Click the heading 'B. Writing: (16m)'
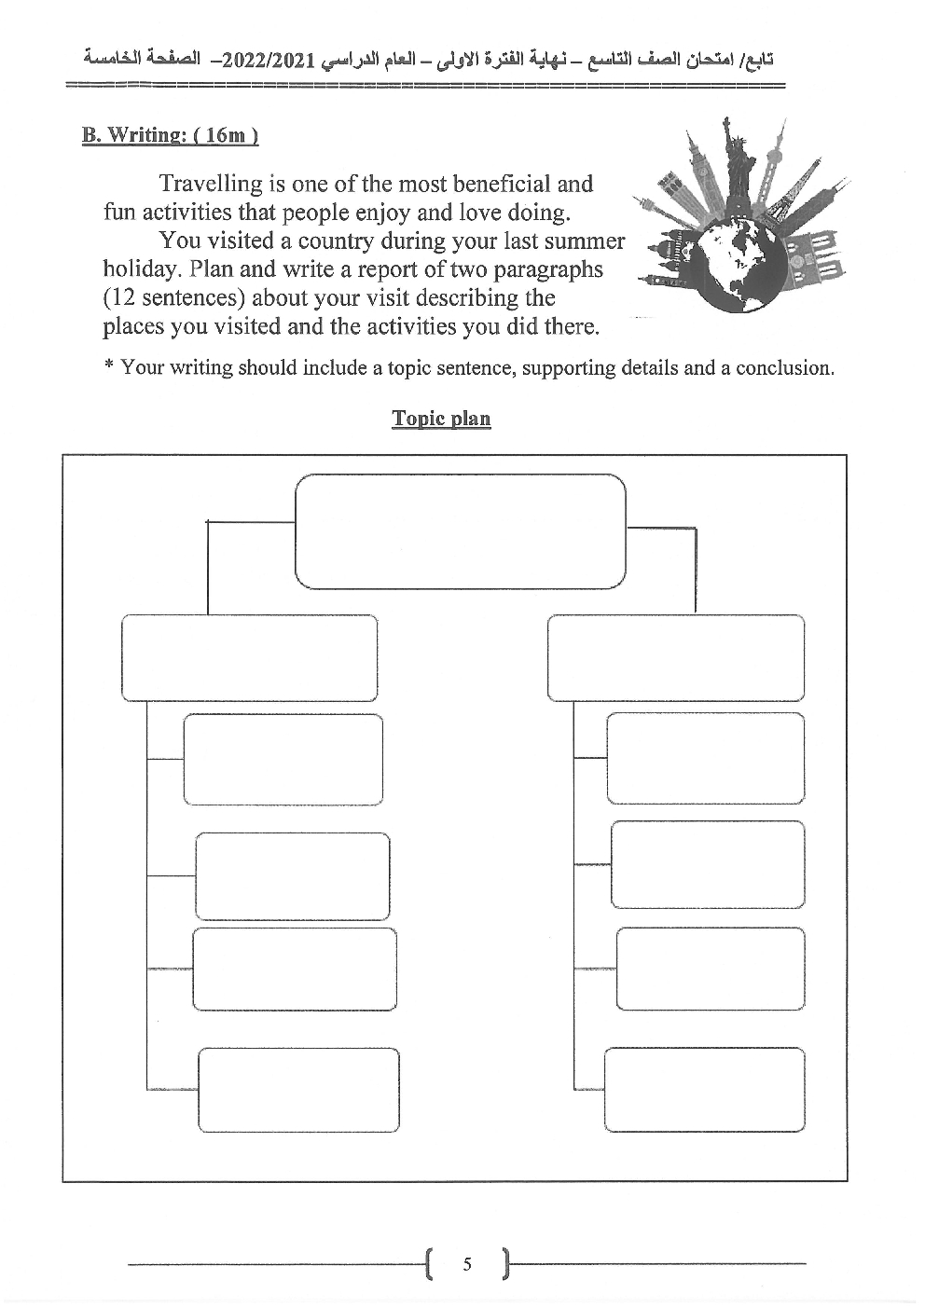pyautogui.click(x=170, y=135)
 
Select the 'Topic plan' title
pyautogui.click(x=441, y=418)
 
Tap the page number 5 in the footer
pyautogui.click(x=467, y=1264)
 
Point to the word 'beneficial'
pyautogui.click(x=535, y=184)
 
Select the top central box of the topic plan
pyautogui.click(x=460, y=531)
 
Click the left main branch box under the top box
pyautogui.click(x=249, y=657)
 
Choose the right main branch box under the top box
pyautogui.click(x=675, y=657)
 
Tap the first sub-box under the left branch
pyautogui.click(x=283, y=760)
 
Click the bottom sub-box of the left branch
pyautogui.click(x=298, y=1090)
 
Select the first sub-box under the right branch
pyautogui.click(x=705, y=758)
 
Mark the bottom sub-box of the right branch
pyautogui.click(x=704, y=1089)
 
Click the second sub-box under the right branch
pyautogui.click(x=708, y=864)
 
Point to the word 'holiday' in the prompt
pyautogui.click(x=138, y=269)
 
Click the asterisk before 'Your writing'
pyautogui.click(x=109, y=366)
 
